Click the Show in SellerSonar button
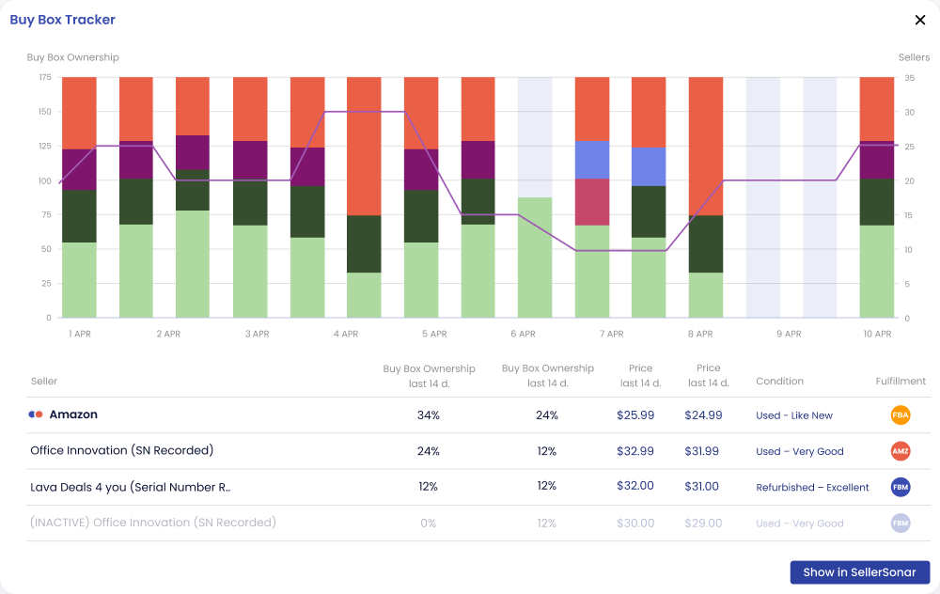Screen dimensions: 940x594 coord(860,572)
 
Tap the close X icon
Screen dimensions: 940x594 coord(920,20)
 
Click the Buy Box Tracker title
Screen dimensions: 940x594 coord(62,20)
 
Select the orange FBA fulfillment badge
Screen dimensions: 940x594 coord(901,414)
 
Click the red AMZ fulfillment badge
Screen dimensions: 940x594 coord(901,451)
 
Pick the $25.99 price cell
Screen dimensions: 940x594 coord(635,414)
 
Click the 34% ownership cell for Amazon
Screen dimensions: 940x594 coord(428,414)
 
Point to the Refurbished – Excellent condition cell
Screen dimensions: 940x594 coord(812,487)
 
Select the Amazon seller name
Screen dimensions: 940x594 coord(73,414)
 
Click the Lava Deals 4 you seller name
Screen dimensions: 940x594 coord(130,487)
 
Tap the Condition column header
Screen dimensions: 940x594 coord(779,381)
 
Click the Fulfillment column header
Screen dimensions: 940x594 coord(901,381)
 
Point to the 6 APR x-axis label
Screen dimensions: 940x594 coord(523,334)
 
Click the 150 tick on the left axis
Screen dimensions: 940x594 coord(45,112)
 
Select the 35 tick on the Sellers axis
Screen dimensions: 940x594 coord(909,78)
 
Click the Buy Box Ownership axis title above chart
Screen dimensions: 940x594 coord(72,57)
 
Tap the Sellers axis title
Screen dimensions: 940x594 coord(914,57)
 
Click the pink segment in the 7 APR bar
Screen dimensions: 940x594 coord(592,202)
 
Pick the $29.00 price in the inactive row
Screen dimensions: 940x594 coord(703,524)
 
